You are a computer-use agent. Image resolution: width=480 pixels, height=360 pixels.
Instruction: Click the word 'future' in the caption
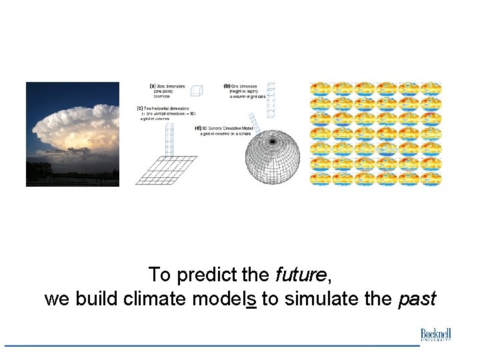point(301,274)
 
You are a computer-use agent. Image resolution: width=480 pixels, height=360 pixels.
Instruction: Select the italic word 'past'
point(417,299)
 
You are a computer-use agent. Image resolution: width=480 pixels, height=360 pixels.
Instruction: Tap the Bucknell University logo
point(436,335)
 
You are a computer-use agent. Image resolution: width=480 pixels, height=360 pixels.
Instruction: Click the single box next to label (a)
point(196,91)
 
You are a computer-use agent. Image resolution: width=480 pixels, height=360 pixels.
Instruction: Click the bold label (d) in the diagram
point(198,128)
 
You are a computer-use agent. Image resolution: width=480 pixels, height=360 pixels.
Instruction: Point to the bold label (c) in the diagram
point(139,107)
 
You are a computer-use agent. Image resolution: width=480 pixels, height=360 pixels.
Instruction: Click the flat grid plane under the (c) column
point(167,171)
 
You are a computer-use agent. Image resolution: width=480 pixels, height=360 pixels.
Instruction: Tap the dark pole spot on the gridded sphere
point(272,142)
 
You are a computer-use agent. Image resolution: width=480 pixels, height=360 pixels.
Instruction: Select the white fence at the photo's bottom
point(73,181)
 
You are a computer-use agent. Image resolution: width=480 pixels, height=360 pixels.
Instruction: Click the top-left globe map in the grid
point(321,89)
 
